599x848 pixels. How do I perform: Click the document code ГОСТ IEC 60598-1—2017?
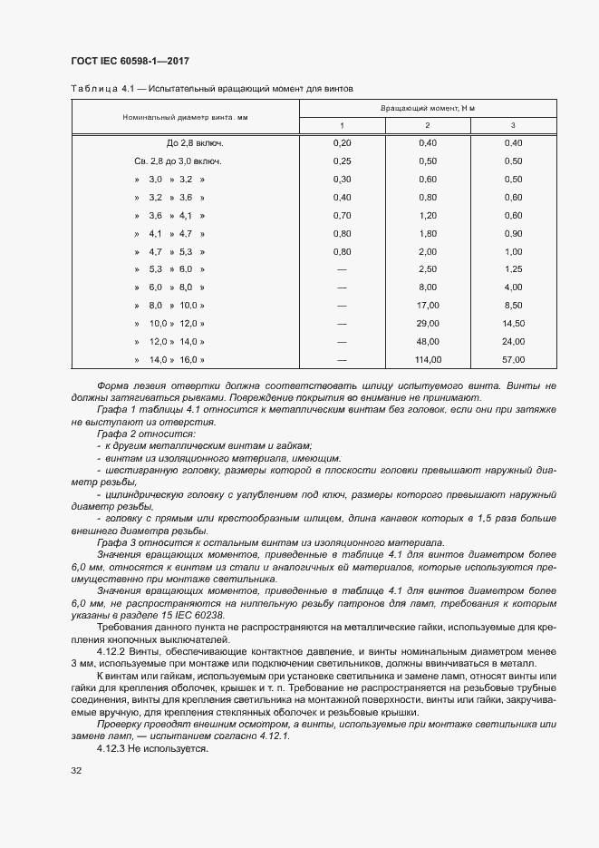point(130,61)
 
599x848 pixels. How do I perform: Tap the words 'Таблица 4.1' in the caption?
point(96,89)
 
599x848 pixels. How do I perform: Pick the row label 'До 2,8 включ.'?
point(195,143)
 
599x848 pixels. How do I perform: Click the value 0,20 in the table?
point(342,143)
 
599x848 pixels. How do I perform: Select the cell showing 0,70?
point(342,215)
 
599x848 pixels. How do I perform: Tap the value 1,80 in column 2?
point(428,233)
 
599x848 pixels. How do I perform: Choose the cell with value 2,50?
point(428,269)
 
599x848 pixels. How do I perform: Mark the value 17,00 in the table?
point(428,306)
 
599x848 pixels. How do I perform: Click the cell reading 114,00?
point(428,359)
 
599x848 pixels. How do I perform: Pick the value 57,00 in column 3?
point(513,359)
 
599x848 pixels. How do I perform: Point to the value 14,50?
point(513,324)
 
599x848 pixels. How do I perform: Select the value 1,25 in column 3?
point(513,269)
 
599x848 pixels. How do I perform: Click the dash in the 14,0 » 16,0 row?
point(342,359)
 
